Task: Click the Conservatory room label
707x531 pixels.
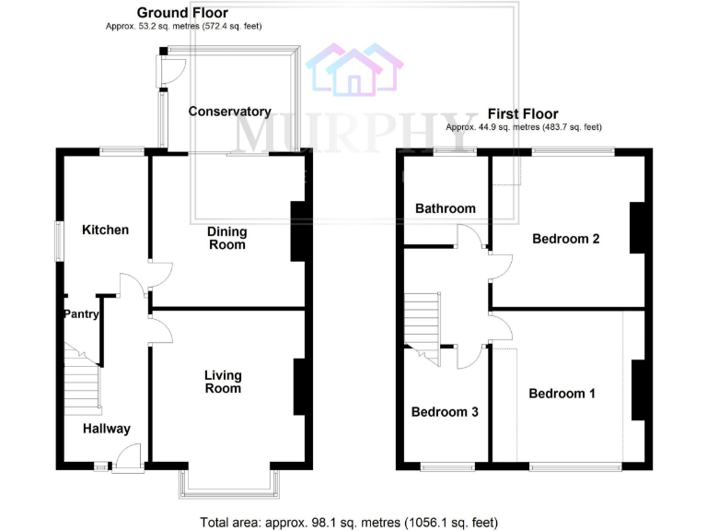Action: pyautogui.click(x=229, y=112)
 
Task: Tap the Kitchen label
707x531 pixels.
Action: pyautogui.click(x=106, y=230)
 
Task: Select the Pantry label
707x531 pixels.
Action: pyautogui.click(x=80, y=314)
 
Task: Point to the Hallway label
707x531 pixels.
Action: pyautogui.click(x=107, y=429)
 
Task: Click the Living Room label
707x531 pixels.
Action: pyautogui.click(x=223, y=382)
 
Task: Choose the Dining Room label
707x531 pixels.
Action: pyautogui.click(x=226, y=238)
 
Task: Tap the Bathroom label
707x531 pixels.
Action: pyautogui.click(x=445, y=208)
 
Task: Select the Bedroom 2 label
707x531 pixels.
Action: pyautogui.click(x=566, y=239)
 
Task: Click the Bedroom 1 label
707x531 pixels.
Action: pyautogui.click(x=562, y=394)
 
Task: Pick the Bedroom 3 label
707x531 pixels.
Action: pyautogui.click(x=444, y=412)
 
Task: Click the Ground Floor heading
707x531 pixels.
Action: pyautogui.click(x=182, y=13)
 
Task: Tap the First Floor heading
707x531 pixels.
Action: pyautogui.click(x=523, y=114)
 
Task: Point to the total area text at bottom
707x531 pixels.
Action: pyautogui.click(x=349, y=522)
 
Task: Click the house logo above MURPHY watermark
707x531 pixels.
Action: pyautogui.click(x=354, y=69)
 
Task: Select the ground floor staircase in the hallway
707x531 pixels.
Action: pyautogui.click(x=81, y=378)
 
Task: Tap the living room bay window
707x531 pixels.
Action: pyautogui.click(x=228, y=484)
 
